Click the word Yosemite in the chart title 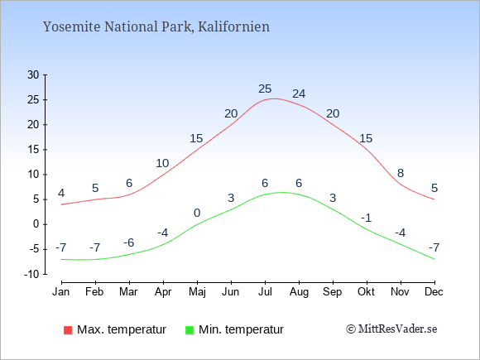pyautogui.click(x=72, y=26)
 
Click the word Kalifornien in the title pyautogui.click(x=234, y=26)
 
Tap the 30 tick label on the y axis pyautogui.click(x=33, y=74)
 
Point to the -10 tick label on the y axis pyautogui.click(x=31, y=274)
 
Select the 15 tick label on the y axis pyautogui.click(x=33, y=150)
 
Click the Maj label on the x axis pyautogui.click(x=197, y=292)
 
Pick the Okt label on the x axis pyautogui.click(x=366, y=292)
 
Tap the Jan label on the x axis pyautogui.click(x=61, y=292)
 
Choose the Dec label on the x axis pyautogui.click(x=434, y=292)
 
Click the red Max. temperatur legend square pyautogui.click(x=68, y=330)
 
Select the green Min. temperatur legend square pyautogui.click(x=190, y=330)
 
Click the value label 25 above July pyautogui.click(x=265, y=89)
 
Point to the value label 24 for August pyautogui.click(x=299, y=94)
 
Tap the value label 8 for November pyautogui.click(x=401, y=173)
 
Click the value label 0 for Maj pyautogui.click(x=197, y=213)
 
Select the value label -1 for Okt pyautogui.click(x=366, y=218)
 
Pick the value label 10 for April pyautogui.click(x=162, y=164)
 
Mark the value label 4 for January pyautogui.click(x=61, y=193)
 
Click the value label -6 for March pyautogui.click(x=129, y=242)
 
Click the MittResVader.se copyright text pyautogui.click(x=391, y=329)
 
